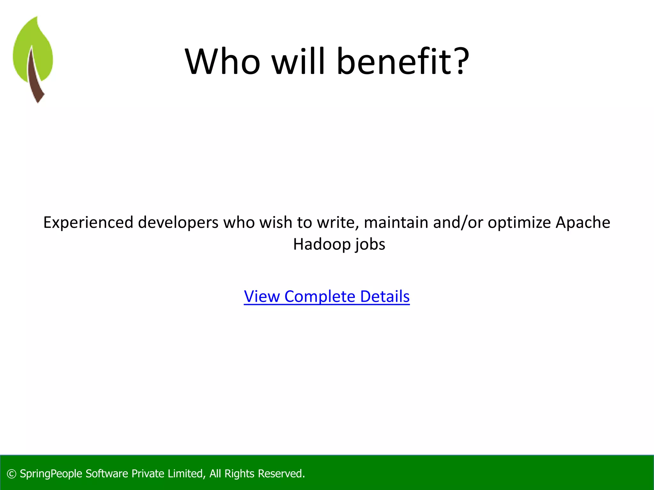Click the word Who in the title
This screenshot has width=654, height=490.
[x=223, y=61]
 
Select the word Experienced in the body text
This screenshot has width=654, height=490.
[x=88, y=223]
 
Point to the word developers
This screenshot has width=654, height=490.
[x=178, y=223]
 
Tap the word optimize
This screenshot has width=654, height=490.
[x=519, y=223]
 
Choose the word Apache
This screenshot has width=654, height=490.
[x=583, y=223]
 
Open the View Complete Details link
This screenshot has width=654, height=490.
[x=327, y=296]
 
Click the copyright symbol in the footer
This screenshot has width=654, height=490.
[x=11, y=474]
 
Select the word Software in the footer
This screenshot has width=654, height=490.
[x=107, y=474]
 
